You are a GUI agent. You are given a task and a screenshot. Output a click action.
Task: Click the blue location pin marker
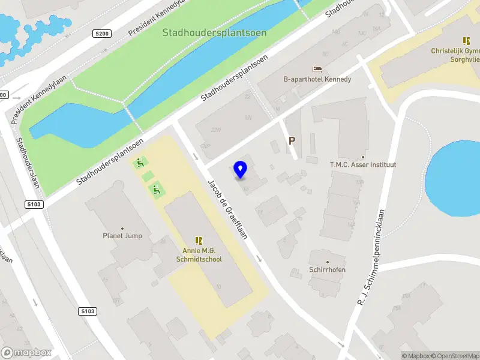(241, 169)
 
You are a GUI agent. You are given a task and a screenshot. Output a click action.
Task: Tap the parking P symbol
(292, 141)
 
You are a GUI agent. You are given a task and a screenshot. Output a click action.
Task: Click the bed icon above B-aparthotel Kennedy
(317, 69)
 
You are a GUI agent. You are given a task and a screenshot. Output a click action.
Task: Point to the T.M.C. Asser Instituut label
(363, 164)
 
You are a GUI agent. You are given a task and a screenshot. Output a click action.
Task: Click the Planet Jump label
(122, 236)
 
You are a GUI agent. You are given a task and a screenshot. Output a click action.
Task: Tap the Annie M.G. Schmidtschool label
(202, 255)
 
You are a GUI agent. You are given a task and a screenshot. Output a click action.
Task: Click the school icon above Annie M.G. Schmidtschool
(199, 240)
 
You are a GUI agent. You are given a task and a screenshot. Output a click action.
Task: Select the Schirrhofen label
(327, 270)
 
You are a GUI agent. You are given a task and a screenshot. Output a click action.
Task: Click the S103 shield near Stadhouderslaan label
(35, 205)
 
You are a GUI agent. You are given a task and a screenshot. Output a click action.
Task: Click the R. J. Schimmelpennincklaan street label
(371, 256)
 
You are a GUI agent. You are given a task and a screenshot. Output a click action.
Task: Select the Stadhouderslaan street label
(28, 162)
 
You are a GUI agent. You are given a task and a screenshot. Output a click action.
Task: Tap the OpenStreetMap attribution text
(455, 356)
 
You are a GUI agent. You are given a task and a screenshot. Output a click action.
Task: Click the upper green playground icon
(141, 162)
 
